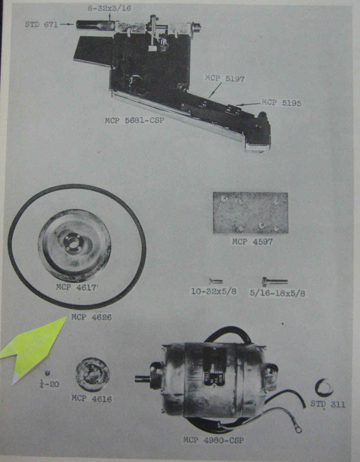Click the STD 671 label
tap(41, 25)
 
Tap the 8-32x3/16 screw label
tap(109, 8)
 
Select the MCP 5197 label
tap(225, 78)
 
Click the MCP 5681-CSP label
tap(135, 120)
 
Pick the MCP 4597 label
tap(252, 242)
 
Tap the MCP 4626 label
tap(92, 317)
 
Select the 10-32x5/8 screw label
tap(214, 291)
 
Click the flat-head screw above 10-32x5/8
tap(215, 281)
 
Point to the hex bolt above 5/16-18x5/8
tap(275, 281)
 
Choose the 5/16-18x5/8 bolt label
tap(277, 293)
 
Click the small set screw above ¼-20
tap(48, 373)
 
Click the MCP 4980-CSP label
tap(213, 440)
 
